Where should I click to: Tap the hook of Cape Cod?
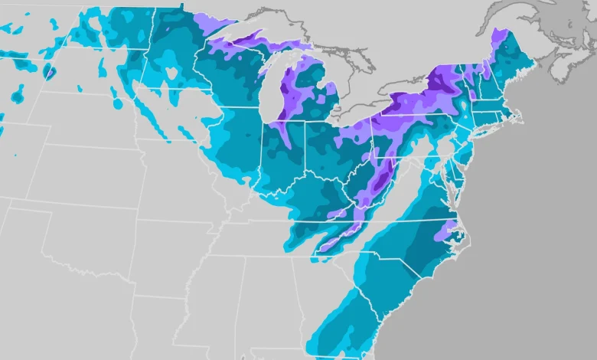pyautogui.click(x=519, y=116)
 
